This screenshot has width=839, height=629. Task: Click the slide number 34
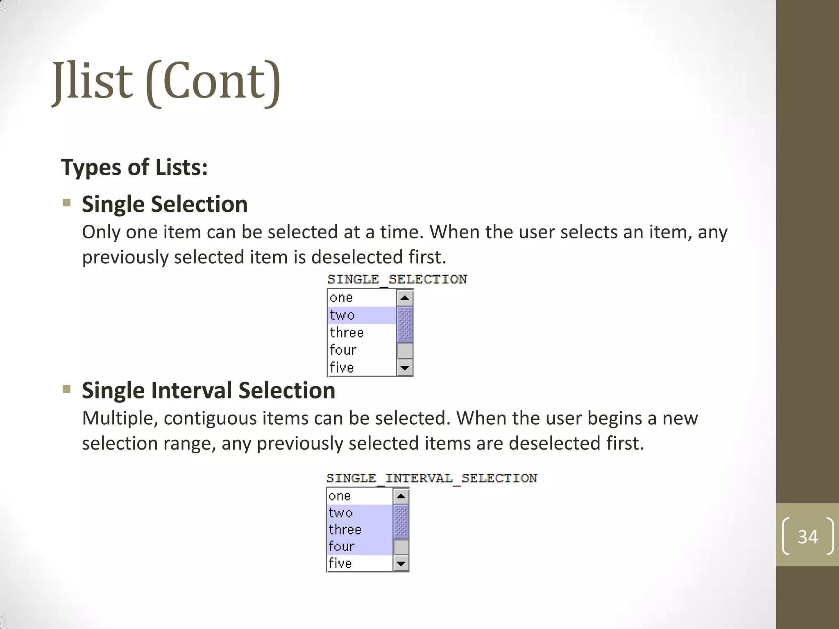(x=807, y=536)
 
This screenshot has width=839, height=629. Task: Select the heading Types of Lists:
(x=134, y=167)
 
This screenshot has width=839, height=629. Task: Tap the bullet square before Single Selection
(x=67, y=203)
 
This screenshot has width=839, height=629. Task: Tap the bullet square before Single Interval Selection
(x=67, y=389)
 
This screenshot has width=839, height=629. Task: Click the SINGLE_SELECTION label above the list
(x=397, y=280)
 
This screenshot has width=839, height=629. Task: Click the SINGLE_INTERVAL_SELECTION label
(x=432, y=478)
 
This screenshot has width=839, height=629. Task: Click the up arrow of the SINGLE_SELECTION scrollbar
(x=405, y=298)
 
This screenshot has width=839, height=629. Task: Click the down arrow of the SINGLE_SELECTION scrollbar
(x=405, y=368)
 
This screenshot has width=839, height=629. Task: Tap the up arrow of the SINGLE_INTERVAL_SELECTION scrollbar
(x=401, y=497)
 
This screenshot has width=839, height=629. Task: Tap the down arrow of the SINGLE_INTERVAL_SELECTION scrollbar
(x=401, y=563)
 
